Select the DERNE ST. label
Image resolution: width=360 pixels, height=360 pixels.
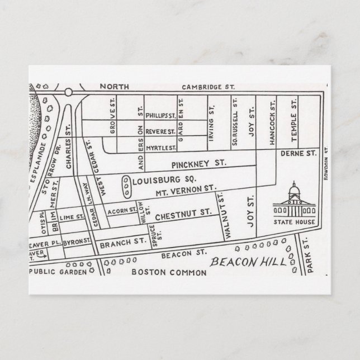point(299,153)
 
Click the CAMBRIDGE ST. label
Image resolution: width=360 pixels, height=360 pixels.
point(209,87)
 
